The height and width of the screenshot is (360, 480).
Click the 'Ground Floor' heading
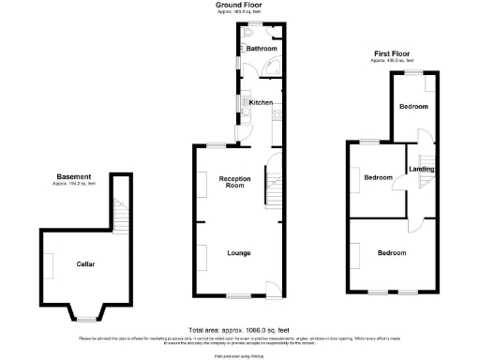pyautogui.click(x=240, y=5)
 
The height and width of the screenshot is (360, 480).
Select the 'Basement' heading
pyautogui.click(x=74, y=176)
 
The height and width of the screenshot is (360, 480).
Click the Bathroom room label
pyautogui.click(x=262, y=49)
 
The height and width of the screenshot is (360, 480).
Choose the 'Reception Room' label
pyautogui.click(x=233, y=182)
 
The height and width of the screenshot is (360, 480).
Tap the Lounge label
pyautogui.click(x=237, y=252)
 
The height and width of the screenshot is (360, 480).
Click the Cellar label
pyautogui.click(x=85, y=263)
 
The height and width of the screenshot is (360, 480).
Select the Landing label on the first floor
pyautogui.click(x=421, y=169)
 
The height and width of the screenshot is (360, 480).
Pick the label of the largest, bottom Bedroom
pyautogui.click(x=391, y=253)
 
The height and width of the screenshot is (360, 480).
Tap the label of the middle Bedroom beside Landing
pyautogui.click(x=377, y=177)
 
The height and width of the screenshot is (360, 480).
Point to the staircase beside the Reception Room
pyautogui.click(x=275, y=183)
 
